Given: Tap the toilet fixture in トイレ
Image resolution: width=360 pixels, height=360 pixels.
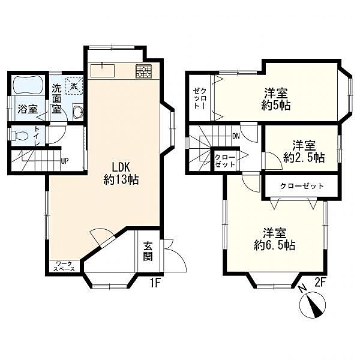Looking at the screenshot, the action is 20,136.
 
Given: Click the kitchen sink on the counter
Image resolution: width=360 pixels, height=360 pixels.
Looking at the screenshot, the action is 103,71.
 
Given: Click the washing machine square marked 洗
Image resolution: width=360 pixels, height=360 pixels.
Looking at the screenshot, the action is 74,86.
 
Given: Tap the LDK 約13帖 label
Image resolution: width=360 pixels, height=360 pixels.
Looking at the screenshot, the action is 121,173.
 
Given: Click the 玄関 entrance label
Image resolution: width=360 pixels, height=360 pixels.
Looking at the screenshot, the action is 148,251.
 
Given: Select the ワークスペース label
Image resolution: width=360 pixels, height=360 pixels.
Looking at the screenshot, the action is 65,266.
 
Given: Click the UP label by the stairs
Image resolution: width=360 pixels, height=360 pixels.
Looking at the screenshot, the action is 65,161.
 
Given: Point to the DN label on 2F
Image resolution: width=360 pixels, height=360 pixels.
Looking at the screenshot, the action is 236,136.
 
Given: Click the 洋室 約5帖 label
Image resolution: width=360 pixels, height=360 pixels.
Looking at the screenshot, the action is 276,99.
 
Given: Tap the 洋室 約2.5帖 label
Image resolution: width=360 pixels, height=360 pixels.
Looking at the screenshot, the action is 304,151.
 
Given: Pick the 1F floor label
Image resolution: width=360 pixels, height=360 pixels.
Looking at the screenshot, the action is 155,283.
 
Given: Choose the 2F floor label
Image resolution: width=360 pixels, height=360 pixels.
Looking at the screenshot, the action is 320,283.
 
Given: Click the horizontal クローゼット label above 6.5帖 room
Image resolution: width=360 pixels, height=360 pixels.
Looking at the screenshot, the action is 302,186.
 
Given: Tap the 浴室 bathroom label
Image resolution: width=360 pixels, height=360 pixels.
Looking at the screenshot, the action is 28,109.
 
